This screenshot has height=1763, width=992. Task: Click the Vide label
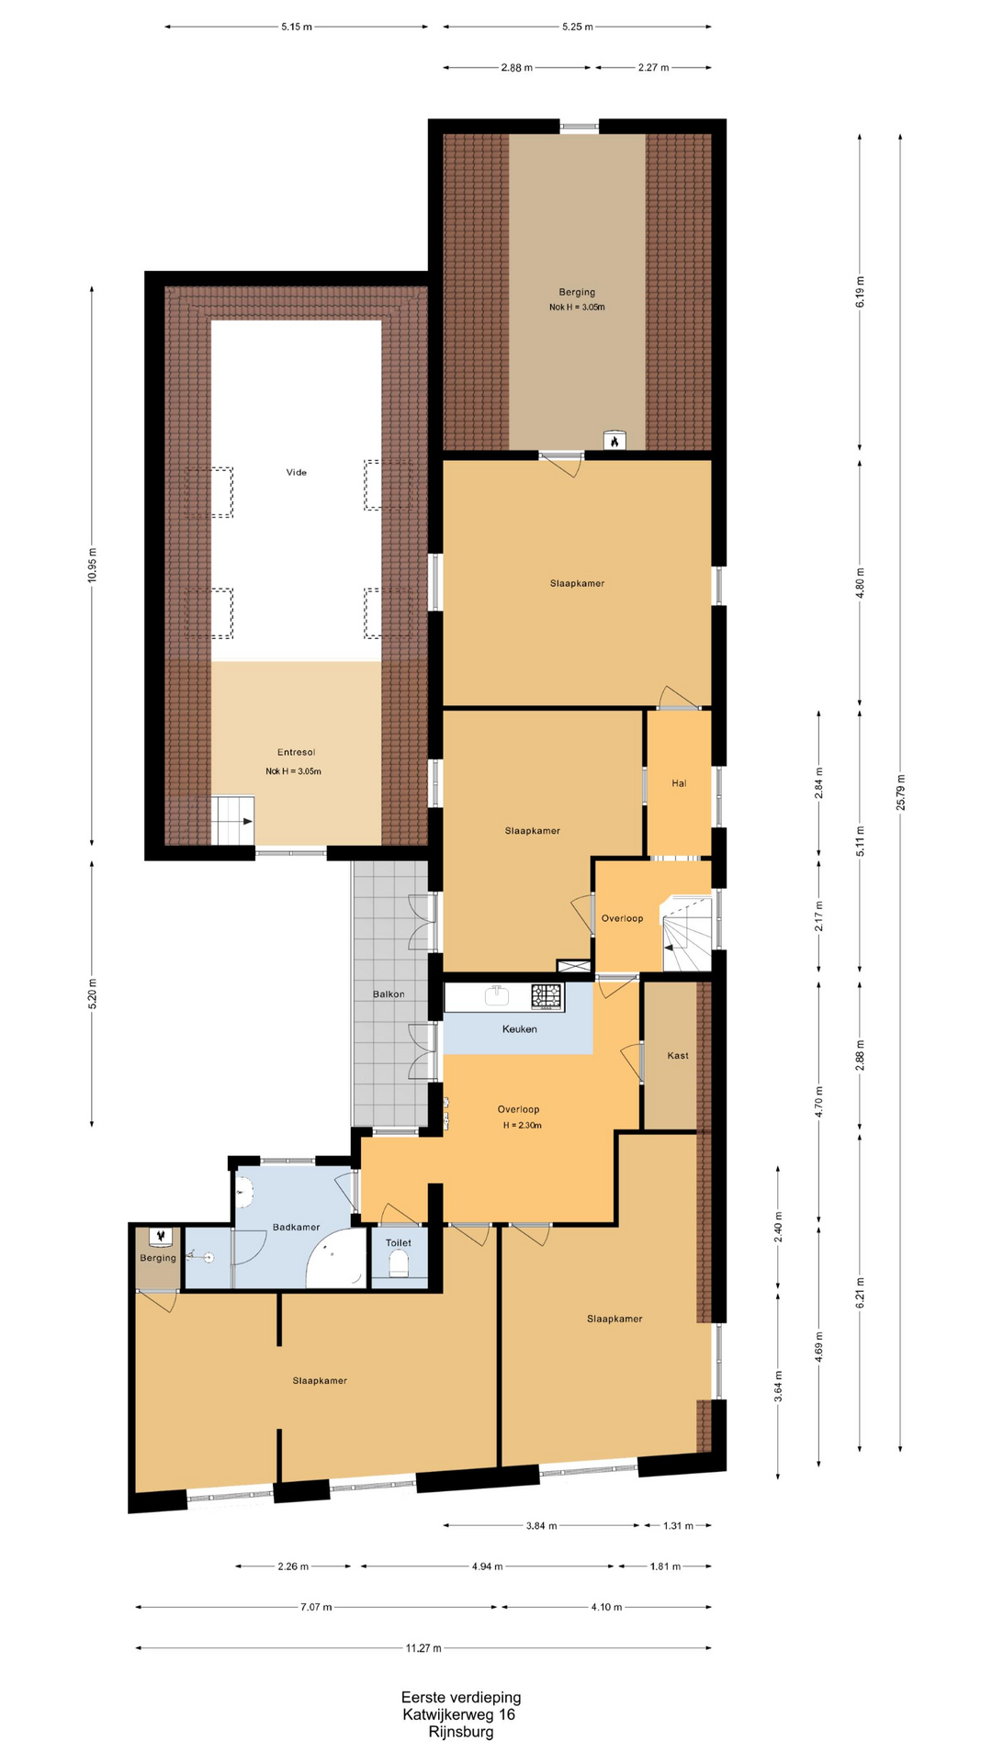coord(296,472)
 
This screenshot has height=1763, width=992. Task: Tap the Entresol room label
coord(296,752)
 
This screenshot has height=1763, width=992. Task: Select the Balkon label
coord(389,994)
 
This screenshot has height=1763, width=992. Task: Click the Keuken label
coord(519,1028)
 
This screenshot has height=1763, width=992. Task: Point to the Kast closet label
coord(678,1055)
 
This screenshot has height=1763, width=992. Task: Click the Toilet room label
coord(399,1242)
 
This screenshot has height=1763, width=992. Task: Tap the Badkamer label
coord(296,1227)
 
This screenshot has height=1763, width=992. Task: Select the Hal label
coord(679,783)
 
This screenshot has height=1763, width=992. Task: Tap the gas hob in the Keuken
coord(547,997)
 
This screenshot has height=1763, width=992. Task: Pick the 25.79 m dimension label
coord(901,792)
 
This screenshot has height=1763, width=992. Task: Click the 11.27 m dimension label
coord(423,1647)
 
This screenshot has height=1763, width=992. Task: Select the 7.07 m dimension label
coord(316,1607)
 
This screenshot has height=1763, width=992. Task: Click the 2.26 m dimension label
coord(293,1566)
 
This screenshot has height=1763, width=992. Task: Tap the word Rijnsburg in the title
coord(460,1732)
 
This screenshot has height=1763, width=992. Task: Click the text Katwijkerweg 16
coord(458,1714)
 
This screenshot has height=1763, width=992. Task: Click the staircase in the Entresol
coord(233,820)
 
